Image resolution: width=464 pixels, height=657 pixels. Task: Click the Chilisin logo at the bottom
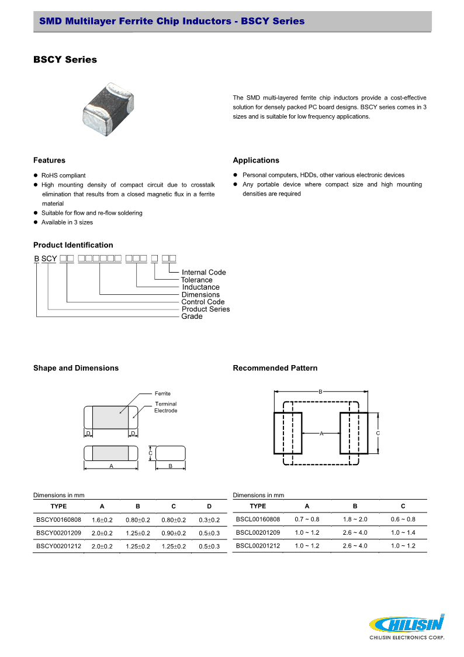pyautogui.click(x=407, y=625)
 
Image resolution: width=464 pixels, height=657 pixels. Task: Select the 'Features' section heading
pyautogui.click(x=49, y=160)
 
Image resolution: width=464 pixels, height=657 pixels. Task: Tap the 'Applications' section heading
pyautogui.click(x=256, y=160)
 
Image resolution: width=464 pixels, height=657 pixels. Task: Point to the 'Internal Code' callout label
pyautogui.click(x=203, y=273)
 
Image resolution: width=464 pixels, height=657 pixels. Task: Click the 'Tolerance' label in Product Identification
pyautogui.click(x=196, y=280)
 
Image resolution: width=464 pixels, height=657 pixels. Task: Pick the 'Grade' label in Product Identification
pyautogui.click(x=192, y=317)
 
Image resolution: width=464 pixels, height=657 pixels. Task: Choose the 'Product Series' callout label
pyautogui.click(x=206, y=309)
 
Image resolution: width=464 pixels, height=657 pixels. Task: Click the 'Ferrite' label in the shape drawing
pyautogui.click(x=162, y=393)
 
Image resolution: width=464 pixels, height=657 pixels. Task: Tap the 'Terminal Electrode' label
pyautogui.click(x=165, y=407)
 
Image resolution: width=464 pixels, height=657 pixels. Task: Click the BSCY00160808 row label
pyautogui.click(x=58, y=520)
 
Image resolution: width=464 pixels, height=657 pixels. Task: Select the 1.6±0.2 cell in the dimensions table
pyautogui.click(x=102, y=520)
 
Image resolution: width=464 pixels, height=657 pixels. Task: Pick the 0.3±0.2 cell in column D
pyautogui.click(x=209, y=520)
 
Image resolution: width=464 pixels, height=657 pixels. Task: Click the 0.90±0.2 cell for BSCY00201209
pyautogui.click(x=174, y=533)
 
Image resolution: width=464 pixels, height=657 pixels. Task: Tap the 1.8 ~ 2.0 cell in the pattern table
pyautogui.click(x=355, y=519)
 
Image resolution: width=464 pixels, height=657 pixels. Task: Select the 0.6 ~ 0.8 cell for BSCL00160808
pyautogui.click(x=403, y=519)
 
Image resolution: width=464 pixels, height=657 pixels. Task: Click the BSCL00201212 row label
pyautogui.click(x=258, y=546)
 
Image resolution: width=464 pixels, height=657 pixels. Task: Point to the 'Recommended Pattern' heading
pyautogui.click(x=275, y=368)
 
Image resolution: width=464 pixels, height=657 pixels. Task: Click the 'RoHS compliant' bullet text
pyautogui.click(x=63, y=176)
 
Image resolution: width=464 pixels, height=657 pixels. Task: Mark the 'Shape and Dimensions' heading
pyautogui.click(x=76, y=368)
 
